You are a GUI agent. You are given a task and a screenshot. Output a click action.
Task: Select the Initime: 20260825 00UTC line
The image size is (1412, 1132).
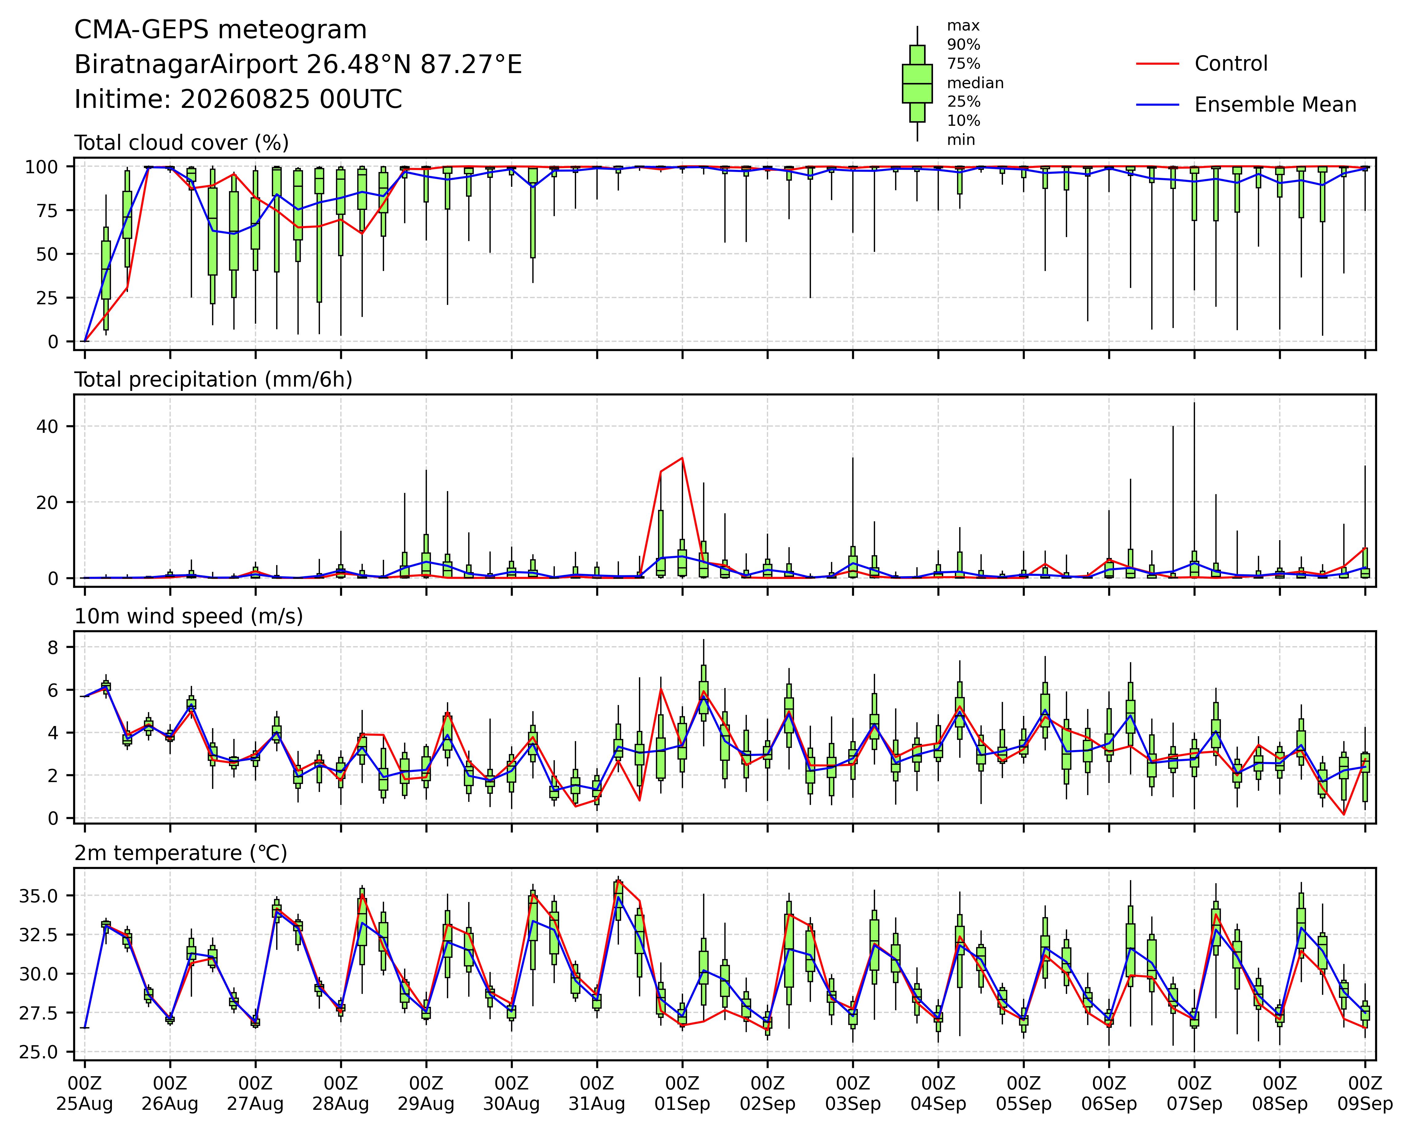[x=238, y=100]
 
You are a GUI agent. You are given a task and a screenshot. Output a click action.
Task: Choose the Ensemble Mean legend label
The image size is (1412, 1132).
[x=1275, y=105]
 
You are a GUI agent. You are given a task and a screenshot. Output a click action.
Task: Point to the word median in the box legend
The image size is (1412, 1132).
[x=975, y=83]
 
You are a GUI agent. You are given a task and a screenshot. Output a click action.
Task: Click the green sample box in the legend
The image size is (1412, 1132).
[x=917, y=83]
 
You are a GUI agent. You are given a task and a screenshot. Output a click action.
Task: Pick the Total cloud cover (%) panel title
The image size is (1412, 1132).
[x=182, y=143]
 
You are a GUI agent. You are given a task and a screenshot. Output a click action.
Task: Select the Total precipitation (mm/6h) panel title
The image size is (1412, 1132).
[x=214, y=380]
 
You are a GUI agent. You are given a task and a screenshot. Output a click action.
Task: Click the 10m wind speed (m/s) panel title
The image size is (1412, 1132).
[x=189, y=617]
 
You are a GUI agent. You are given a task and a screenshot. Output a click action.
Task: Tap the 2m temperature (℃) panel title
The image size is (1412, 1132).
[x=181, y=853]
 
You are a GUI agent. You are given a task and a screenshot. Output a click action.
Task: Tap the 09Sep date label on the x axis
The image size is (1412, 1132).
[x=1365, y=1104]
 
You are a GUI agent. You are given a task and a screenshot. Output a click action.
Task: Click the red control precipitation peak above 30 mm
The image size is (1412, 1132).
[x=682, y=458]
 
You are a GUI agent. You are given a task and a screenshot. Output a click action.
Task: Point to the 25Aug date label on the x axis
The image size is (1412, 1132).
[x=84, y=1104]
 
